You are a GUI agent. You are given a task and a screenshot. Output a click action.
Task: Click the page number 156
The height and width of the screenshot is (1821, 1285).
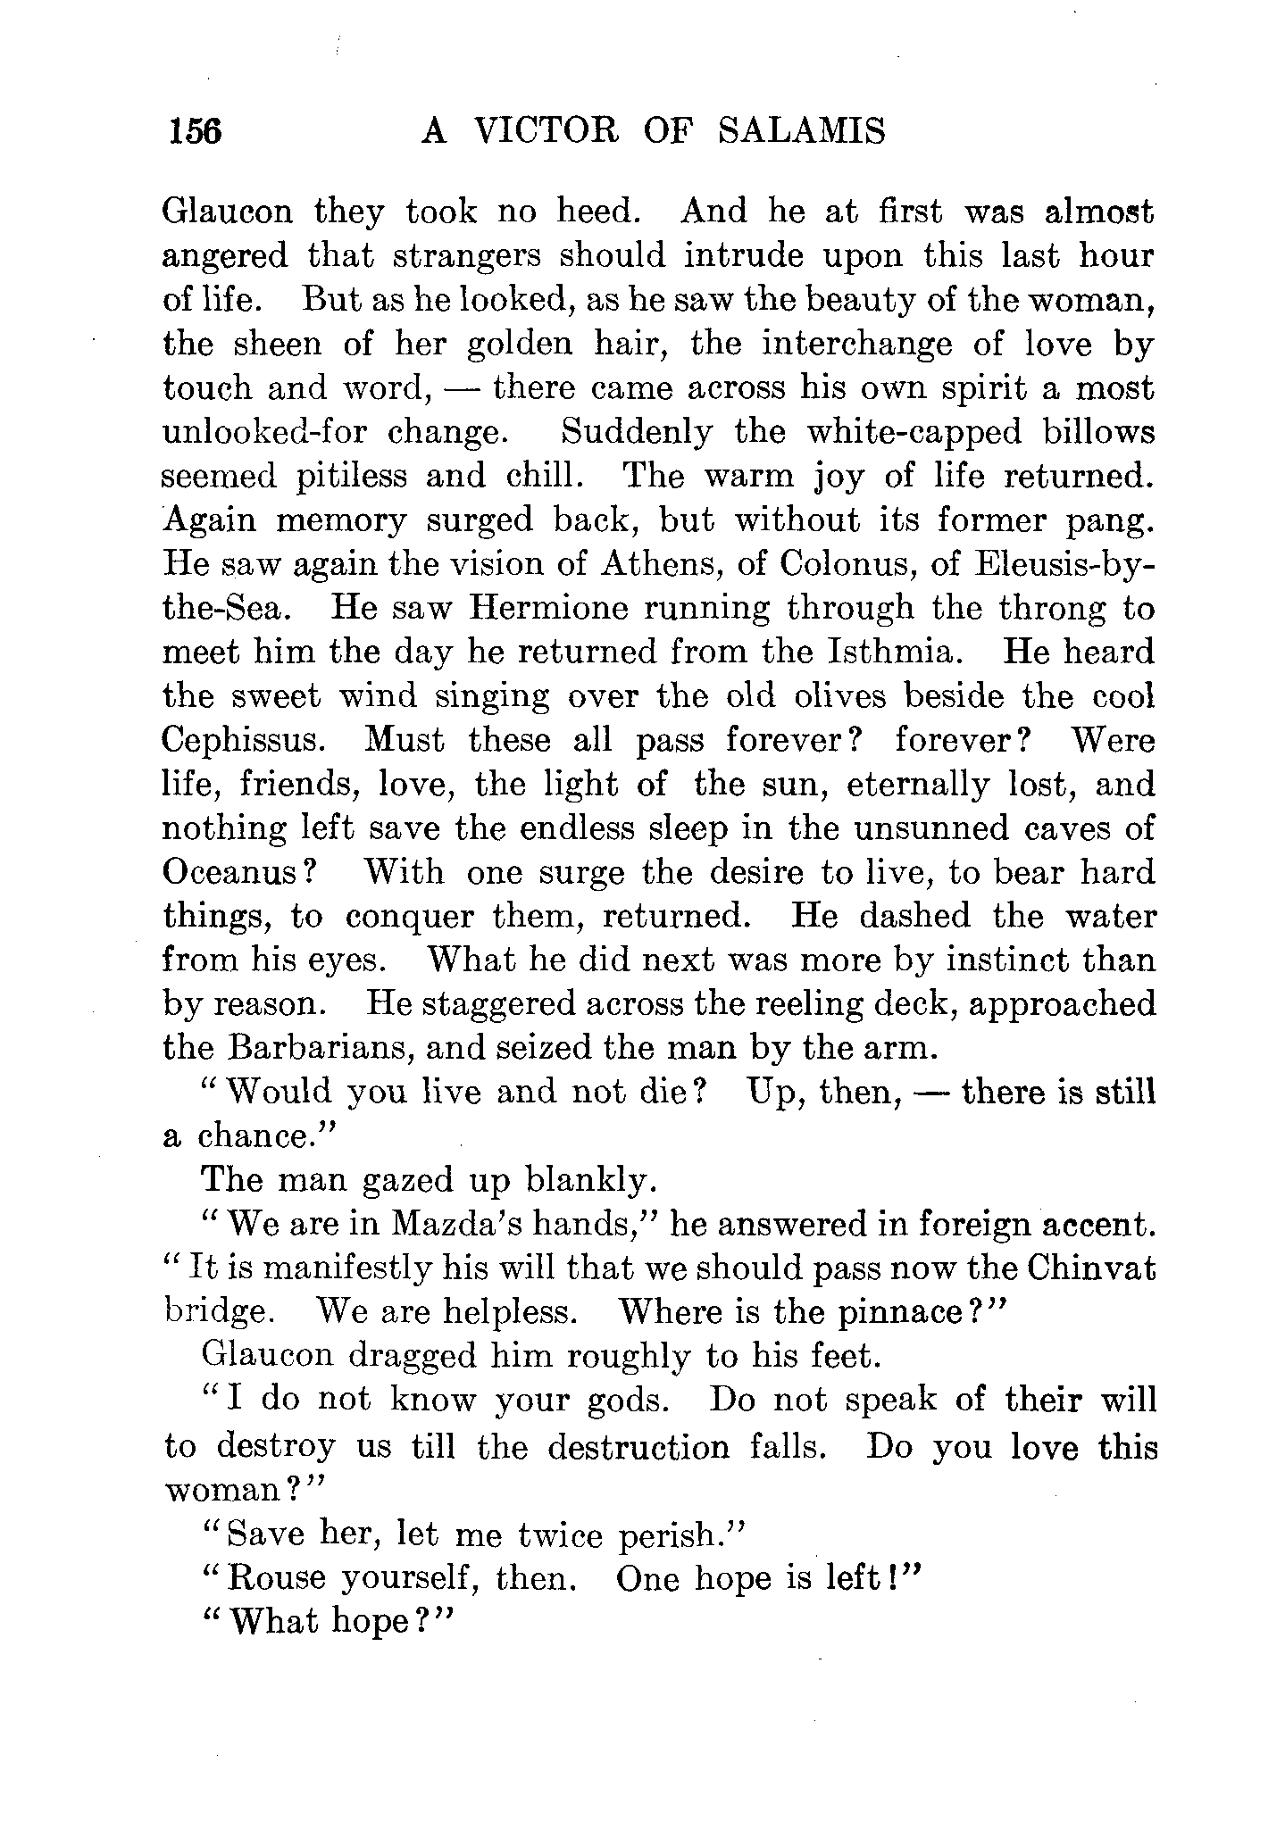192,131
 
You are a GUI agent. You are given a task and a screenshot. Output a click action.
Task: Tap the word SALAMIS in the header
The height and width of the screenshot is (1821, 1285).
801,131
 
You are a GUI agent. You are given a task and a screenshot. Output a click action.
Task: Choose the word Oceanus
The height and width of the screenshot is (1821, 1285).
239,872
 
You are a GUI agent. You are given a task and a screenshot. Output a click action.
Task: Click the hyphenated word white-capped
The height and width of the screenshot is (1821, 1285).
914,432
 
